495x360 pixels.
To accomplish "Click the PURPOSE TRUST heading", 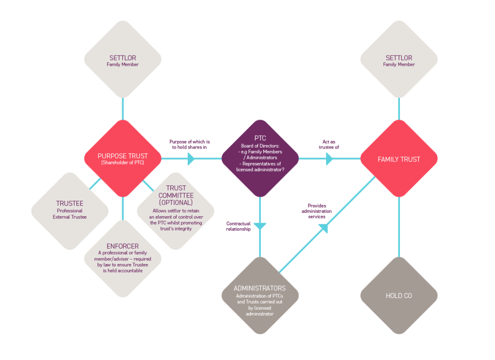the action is coord(122,156).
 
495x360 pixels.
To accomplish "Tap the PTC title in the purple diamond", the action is coord(260,138).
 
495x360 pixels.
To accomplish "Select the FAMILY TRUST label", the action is coord(399,159).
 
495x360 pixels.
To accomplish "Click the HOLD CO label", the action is coord(399,296).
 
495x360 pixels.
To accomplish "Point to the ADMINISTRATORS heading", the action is coord(259,288).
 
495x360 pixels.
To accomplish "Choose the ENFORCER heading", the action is coord(122,246).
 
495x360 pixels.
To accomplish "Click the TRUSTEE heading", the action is coord(70,203).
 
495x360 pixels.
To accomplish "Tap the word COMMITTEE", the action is coord(176,196).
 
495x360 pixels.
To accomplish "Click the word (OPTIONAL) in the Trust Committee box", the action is coord(176,203).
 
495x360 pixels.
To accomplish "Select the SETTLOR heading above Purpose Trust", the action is coord(123,58).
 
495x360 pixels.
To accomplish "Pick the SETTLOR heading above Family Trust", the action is coord(399,58).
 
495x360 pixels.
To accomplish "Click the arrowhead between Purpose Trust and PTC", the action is coord(191,158).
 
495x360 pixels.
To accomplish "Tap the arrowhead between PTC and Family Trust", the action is coord(329,158).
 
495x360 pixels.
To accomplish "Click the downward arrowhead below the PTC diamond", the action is coord(260,226).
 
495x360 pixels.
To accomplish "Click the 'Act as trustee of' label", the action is coord(329,144).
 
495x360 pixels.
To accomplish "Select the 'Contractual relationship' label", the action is coord(239,226).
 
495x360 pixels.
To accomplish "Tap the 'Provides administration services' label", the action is coord(317,211).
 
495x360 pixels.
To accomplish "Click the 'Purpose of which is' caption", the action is coord(189,142).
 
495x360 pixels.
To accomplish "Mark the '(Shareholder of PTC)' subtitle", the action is coord(122,163).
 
